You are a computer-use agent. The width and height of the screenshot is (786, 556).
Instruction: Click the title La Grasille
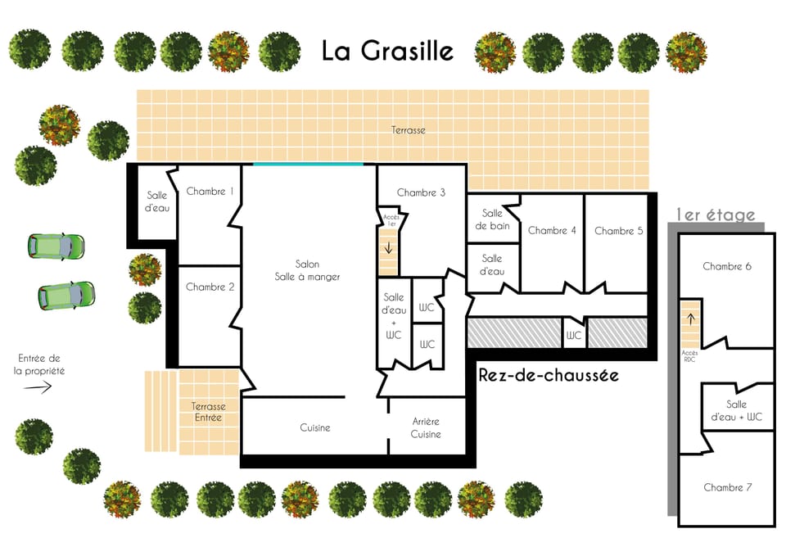pyautogui.click(x=386, y=51)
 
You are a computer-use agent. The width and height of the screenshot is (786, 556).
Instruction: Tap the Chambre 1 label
pyautogui.click(x=210, y=192)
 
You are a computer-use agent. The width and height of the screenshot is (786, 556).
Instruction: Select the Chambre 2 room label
pyautogui.click(x=210, y=287)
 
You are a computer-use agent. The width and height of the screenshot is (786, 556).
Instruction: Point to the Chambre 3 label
pyautogui.click(x=421, y=192)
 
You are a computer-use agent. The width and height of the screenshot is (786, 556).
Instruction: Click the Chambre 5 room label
pyautogui.click(x=618, y=231)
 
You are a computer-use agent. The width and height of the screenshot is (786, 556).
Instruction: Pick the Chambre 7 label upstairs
pyautogui.click(x=727, y=487)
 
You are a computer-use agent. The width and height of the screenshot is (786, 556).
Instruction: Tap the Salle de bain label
pyautogui.click(x=493, y=219)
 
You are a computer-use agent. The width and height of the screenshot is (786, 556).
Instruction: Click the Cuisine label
pyautogui.click(x=314, y=427)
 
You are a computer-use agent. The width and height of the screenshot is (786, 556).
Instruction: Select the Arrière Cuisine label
pyautogui.click(x=426, y=427)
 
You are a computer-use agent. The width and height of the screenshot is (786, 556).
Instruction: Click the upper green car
pyautogui.click(x=56, y=245)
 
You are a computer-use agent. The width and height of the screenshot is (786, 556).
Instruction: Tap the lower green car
pyautogui.click(x=66, y=295)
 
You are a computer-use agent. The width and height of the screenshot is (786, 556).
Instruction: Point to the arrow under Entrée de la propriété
pyautogui.click(x=38, y=388)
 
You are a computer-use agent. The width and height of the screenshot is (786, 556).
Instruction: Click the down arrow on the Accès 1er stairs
pyautogui.click(x=388, y=247)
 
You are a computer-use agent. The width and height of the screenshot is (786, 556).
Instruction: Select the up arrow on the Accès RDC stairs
pyautogui.click(x=689, y=319)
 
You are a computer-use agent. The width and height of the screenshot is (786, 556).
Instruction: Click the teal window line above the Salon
pyautogui.click(x=308, y=164)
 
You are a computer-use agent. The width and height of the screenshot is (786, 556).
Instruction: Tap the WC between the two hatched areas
pyautogui.click(x=574, y=335)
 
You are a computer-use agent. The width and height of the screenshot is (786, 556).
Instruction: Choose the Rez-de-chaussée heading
pyautogui.click(x=549, y=375)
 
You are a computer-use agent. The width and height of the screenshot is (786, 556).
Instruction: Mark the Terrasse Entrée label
pyautogui.click(x=208, y=412)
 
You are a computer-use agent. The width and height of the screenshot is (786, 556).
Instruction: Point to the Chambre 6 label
pyautogui.click(x=727, y=266)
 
